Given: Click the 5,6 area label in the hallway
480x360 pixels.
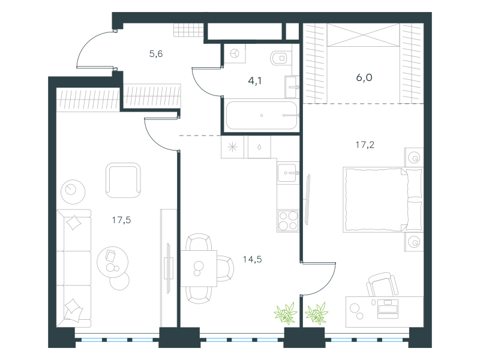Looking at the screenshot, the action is coord(156,54).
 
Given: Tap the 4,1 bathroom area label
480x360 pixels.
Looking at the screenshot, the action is coord(254,81).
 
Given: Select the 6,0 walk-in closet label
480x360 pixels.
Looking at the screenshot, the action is coord(364,77).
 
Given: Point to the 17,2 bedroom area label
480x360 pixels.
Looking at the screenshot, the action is coord(365,145).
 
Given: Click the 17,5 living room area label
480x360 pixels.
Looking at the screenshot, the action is coord(122,220).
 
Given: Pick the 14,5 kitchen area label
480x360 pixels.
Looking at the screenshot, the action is coord(252,260).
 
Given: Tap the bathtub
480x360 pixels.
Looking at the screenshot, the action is coord(262,115).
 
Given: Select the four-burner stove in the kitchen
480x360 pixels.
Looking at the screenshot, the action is coord(288,221).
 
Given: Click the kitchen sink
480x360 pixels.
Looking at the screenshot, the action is coord(288,173).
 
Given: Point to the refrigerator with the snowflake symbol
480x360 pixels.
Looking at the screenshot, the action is coord(232,147).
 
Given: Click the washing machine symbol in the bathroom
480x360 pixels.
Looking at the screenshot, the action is coord(235,53).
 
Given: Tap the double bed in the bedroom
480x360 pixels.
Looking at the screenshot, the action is coord(383,200).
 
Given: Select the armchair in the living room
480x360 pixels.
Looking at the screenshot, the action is coord(123,181).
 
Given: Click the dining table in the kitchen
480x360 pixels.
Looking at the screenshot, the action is coord(199,268).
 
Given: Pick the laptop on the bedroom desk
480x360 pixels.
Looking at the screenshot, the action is coord(388,308).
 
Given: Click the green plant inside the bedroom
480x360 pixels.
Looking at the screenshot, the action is coord(317,313).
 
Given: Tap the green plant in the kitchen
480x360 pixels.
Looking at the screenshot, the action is coord(286,313).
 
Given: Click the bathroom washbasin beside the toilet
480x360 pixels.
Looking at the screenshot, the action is coord(292,87).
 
